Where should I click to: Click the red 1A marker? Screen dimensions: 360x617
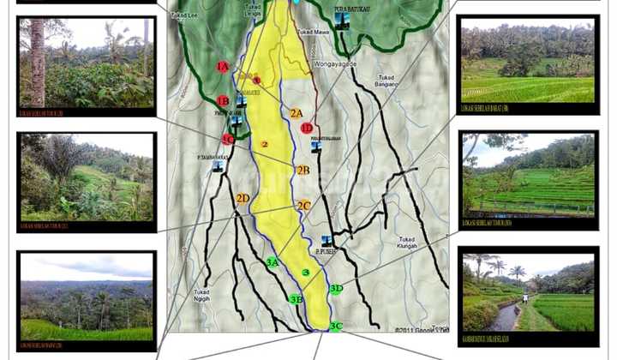click(223, 67)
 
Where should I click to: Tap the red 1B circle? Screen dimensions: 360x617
click(223, 101)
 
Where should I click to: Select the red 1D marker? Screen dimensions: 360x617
click(306, 128)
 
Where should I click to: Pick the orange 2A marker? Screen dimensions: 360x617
click(297, 113)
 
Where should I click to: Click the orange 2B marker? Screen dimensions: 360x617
click(303, 170)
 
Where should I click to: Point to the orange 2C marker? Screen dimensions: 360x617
click(303, 206)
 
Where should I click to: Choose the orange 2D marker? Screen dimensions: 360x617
click(243, 199)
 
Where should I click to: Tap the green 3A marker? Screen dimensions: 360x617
click(273, 262)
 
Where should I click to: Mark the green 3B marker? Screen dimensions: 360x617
click(296, 299)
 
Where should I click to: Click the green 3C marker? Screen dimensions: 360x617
click(335, 326)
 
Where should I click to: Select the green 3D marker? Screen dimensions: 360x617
click(336, 289)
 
